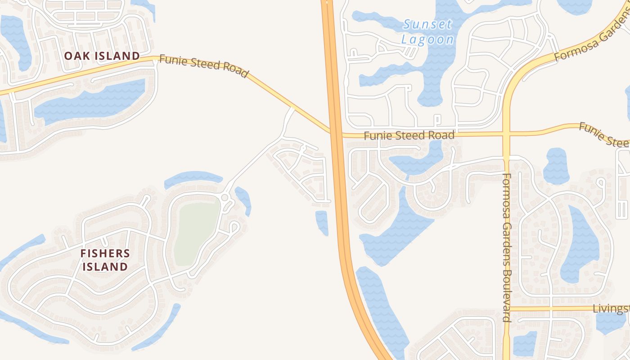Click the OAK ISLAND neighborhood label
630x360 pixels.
102,56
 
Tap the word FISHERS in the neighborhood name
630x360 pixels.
105,253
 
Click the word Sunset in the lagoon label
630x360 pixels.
427,24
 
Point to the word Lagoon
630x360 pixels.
427,39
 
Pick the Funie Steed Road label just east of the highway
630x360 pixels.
409,135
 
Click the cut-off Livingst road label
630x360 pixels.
611,309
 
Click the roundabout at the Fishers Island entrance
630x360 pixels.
225,198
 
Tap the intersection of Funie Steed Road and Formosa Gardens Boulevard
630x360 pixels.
506,134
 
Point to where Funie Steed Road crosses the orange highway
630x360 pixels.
335,133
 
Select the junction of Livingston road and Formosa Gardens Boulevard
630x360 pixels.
506,308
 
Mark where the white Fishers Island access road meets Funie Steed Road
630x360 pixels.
292,109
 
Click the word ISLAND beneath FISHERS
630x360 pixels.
105,266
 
